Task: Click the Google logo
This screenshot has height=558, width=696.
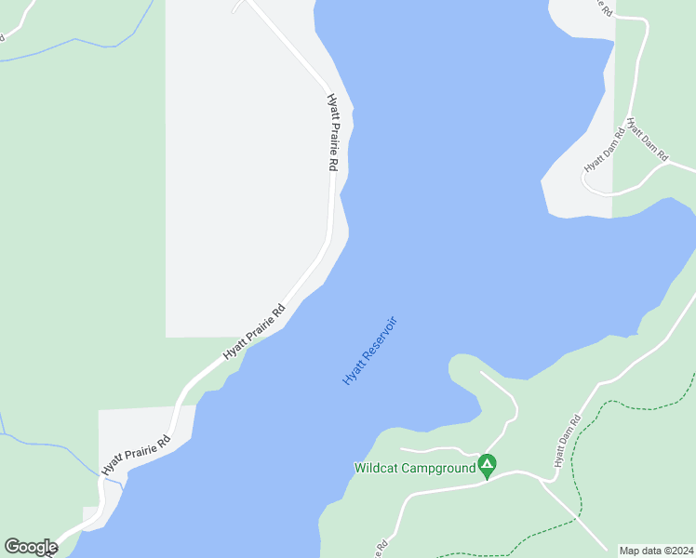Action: [31, 547]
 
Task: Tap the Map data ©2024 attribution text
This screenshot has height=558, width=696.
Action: [657, 550]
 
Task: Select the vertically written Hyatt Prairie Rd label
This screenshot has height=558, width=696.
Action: [331, 132]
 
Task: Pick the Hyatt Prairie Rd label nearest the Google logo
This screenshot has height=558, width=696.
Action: [137, 453]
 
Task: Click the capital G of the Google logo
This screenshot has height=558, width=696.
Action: [12, 547]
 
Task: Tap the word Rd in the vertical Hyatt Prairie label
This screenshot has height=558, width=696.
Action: [331, 164]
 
